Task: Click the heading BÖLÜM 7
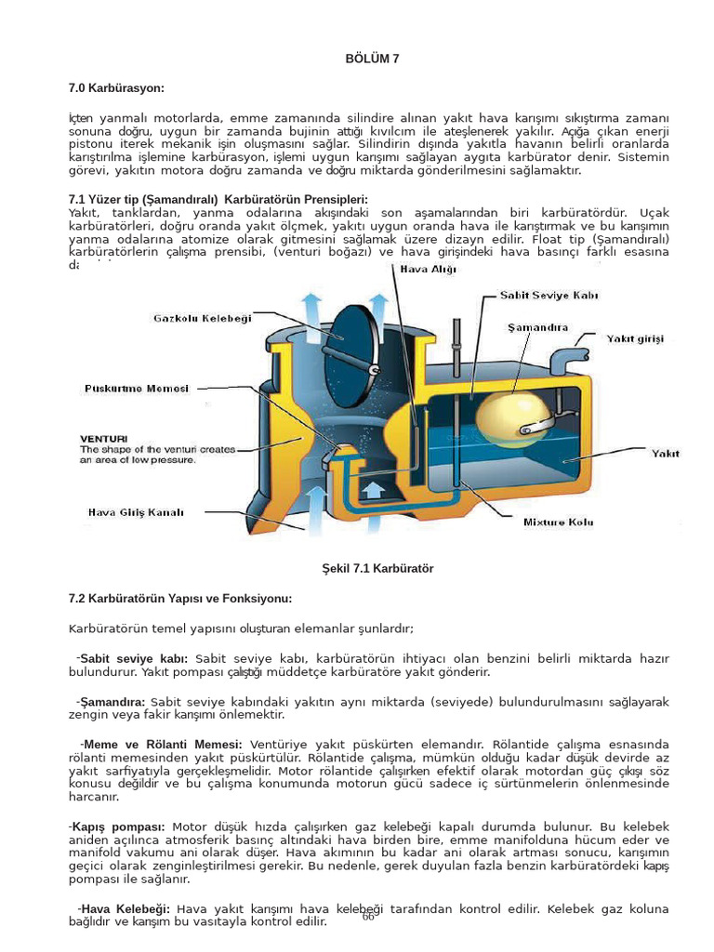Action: click(372, 59)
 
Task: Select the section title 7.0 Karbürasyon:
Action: click(116, 88)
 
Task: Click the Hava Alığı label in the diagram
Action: click(429, 269)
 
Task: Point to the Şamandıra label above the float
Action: click(538, 327)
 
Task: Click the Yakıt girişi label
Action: click(636, 339)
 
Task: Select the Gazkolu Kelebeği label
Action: click(203, 319)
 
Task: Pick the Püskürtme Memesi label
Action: click(137, 388)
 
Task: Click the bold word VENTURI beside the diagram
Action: click(104, 438)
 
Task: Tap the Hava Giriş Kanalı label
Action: click(137, 511)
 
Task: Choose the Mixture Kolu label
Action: click(558, 522)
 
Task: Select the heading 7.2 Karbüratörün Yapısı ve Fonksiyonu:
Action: click(180, 597)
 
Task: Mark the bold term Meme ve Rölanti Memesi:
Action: click(162, 745)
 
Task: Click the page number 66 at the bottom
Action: click(368, 917)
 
